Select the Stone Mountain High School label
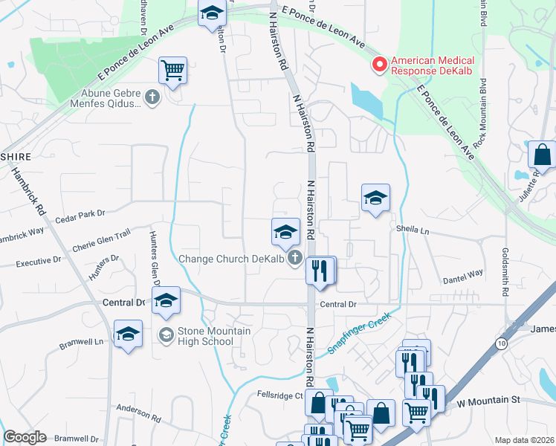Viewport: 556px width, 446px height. tap(205, 336)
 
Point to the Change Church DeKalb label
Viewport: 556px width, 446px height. tap(233, 259)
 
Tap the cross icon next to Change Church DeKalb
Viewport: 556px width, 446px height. tap(295, 259)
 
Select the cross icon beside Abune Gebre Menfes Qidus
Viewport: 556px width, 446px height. tap(152, 97)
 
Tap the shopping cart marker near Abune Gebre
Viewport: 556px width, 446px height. tap(172, 71)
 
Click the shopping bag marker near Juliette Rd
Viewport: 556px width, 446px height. tap(542, 155)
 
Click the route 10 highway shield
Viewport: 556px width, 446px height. tap(501, 343)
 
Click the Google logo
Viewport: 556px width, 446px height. tap(25, 437)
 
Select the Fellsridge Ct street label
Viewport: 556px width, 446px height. tap(280, 395)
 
